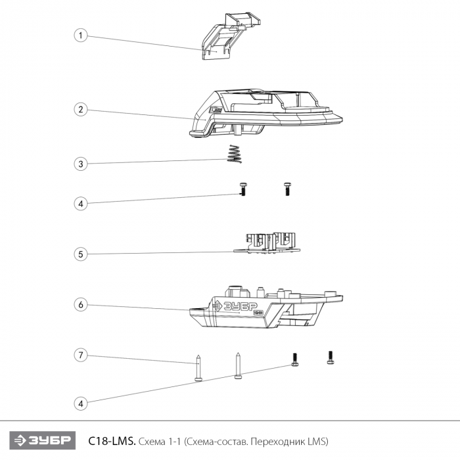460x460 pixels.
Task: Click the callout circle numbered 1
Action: coord(81,35)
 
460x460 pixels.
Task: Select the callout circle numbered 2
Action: coord(81,110)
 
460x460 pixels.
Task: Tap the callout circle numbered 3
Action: coord(81,164)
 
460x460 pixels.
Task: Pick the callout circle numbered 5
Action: coord(81,254)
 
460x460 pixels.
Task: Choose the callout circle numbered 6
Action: coord(81,305)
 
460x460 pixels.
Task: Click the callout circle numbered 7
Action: coord(81,356)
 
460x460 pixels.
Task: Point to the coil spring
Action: coord(235,154)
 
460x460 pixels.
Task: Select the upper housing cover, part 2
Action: coord(265,113)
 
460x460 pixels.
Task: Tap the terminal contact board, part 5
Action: coord(267,243)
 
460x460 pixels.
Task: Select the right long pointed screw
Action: coord(238,365)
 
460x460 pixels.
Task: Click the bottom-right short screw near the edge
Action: coord(331,357)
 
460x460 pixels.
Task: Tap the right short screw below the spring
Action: coord(287,189)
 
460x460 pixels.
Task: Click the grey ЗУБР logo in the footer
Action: coord(43,440)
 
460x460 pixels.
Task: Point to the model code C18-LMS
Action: coord(112,441)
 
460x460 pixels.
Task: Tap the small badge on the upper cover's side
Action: coord(216,110)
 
